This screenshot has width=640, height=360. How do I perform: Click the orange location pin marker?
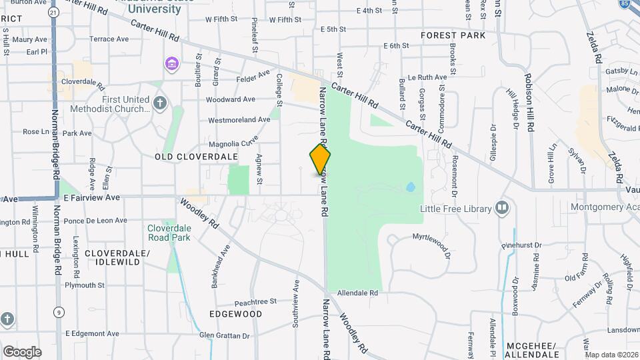[320, 160]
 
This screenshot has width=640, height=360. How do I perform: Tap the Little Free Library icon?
[503, 209]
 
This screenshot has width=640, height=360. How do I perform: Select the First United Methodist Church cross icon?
[159, 103]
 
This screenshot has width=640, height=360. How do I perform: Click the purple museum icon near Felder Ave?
[172, 64]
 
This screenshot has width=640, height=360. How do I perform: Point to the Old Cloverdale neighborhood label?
[196, 156]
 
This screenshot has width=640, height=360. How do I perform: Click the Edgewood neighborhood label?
[235, 313]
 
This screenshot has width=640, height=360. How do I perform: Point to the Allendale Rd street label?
[358, 293]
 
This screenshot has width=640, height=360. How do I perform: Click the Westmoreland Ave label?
[239, 120]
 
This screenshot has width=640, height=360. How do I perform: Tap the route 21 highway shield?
[53, 13]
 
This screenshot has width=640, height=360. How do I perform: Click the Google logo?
[22, 352]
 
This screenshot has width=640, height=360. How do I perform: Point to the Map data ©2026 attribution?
[611, 355]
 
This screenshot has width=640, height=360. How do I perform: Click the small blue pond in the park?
[409, 187]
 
